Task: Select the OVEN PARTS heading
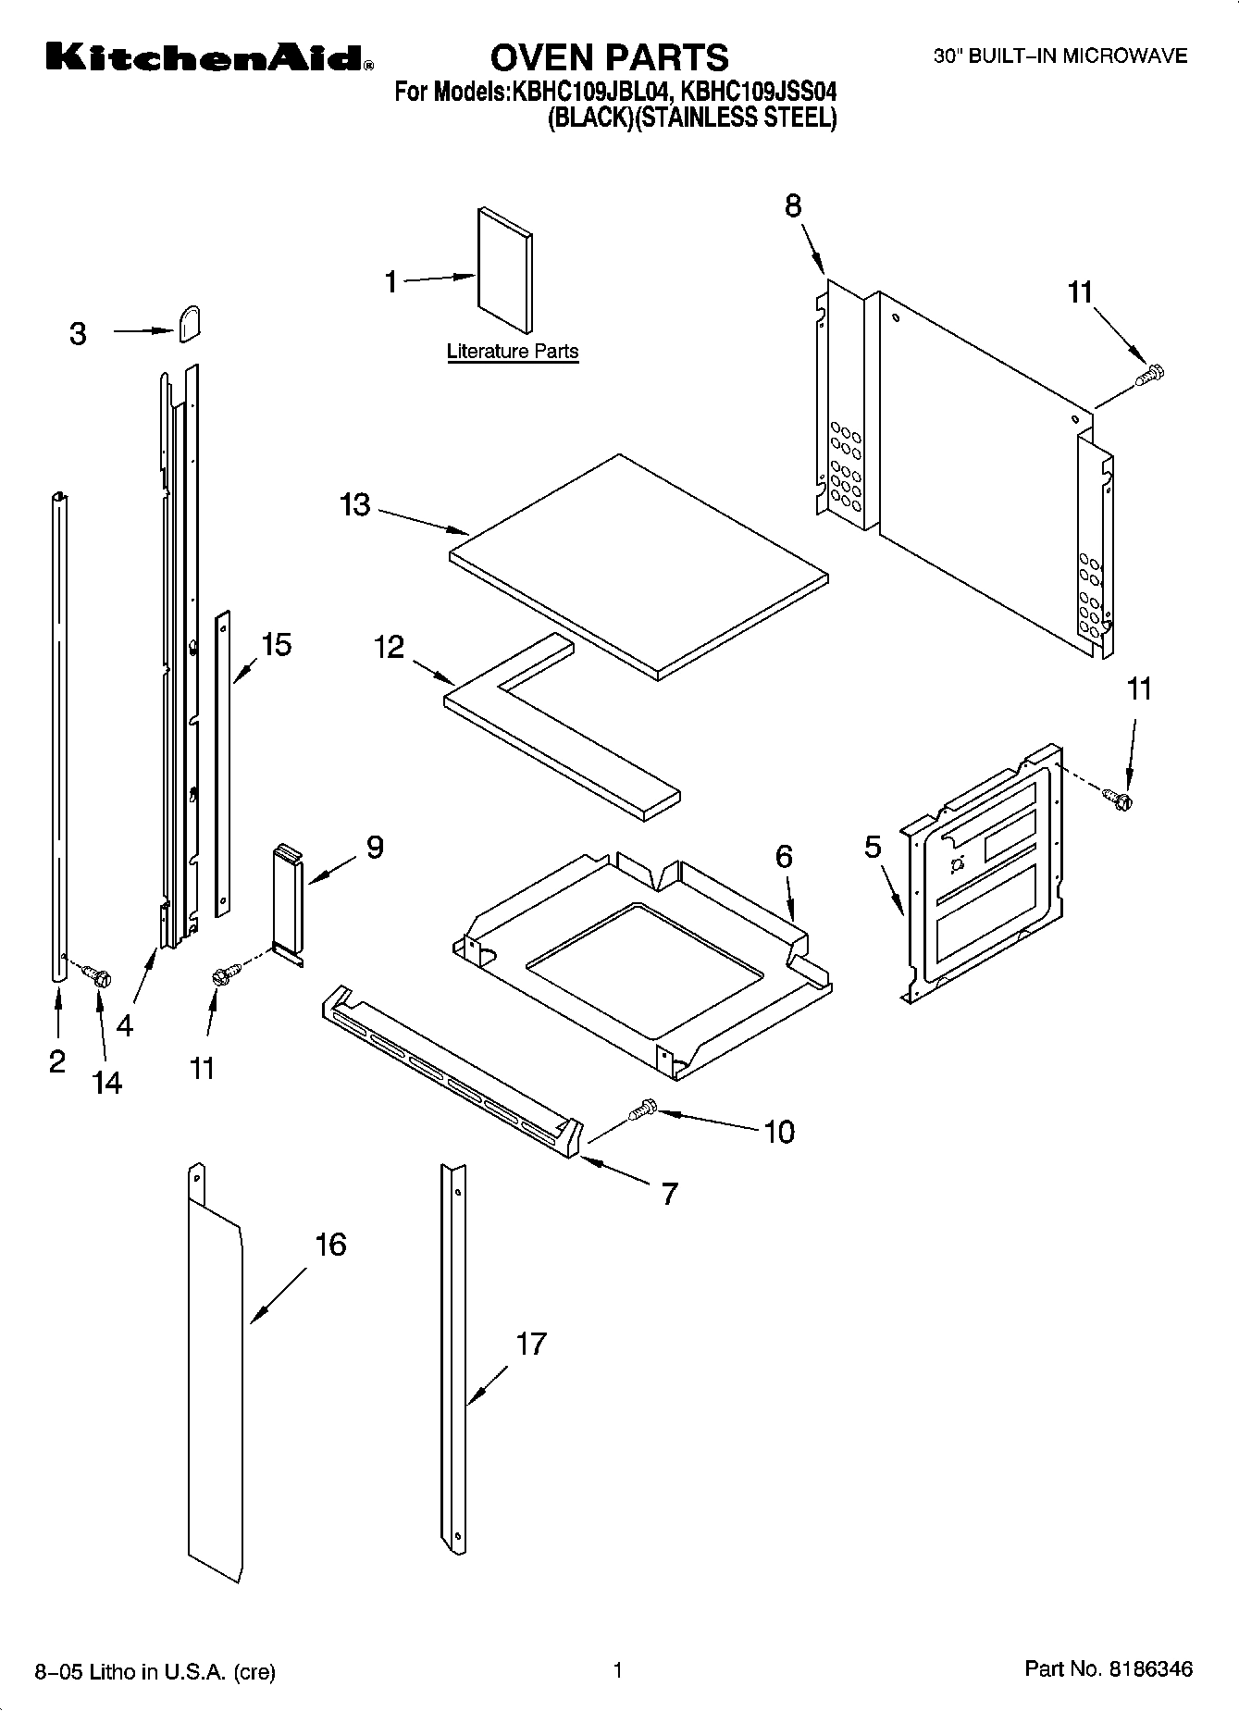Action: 609,57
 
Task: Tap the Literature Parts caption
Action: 513,352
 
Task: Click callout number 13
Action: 355,505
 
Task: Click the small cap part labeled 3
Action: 190,323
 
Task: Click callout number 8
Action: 794,206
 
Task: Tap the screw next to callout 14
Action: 96,974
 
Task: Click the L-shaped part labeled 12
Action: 555,731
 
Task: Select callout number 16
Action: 330,1245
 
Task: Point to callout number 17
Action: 531,1344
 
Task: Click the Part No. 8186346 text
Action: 1109,1669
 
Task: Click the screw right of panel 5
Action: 1119,798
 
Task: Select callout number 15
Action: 276,644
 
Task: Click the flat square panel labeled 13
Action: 638,566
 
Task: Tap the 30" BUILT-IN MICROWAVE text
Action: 1059,56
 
